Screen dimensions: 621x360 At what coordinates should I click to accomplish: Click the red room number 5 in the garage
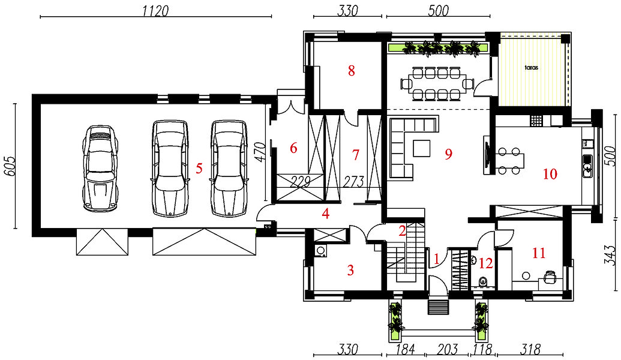click(x=199, y=169)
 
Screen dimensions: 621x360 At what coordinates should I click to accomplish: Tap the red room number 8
click(x=351, y=71)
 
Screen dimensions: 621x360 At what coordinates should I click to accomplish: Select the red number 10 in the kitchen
click(x=550, y=174)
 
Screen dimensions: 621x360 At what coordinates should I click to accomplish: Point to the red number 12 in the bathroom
click(x=486, y=263)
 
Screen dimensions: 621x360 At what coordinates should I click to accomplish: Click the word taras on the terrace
click(x=532, y=67)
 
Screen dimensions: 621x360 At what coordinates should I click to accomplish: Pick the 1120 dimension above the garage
click(x=155, y=11)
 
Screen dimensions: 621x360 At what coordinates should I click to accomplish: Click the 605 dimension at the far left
click(x=9, y=166)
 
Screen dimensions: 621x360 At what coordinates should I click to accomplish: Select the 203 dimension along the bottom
click(x=448, y=349)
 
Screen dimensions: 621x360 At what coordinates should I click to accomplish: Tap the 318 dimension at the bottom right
click(x=530, y=349)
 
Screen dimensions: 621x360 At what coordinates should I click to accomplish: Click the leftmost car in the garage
click(x=101, y=167)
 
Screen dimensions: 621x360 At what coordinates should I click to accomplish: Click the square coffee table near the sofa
click(x=422, y=148)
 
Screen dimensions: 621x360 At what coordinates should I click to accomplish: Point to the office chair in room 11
click(x=550, y=276)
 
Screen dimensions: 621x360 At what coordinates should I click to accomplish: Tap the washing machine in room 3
click(x=320, y=251)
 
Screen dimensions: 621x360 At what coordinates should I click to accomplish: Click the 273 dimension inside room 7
click(x=353, y=182)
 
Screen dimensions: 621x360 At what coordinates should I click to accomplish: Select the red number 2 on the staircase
click(x=403, y=231)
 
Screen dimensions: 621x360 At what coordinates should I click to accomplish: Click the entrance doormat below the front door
click(x=438, y=307)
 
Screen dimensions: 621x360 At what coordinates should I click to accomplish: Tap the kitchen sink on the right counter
click(x=587, y=166)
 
